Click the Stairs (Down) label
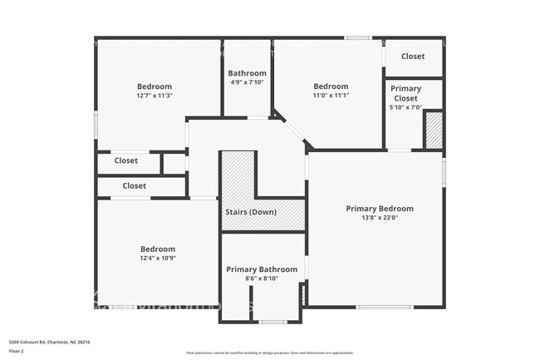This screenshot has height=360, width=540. (x=251, y=212)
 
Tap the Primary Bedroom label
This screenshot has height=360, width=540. (x=379, y=209)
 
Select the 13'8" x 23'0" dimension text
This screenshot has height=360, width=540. (x=379, y=219)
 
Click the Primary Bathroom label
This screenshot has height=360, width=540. (x=262, y=269)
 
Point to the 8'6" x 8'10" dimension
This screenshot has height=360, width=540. (x=262, y=279)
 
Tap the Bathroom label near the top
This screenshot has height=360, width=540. (x=248, y=73)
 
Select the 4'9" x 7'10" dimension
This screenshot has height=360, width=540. (x=248, y=82)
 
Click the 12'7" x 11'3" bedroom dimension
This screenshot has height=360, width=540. (x=155, y=96)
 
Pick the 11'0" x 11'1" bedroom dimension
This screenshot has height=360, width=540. (x=331, y=96)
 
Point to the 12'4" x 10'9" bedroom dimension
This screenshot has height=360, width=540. (x=157, y=259)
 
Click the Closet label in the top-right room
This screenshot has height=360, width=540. (x=413, y=57)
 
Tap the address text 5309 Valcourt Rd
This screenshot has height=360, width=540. (x=49, y=342)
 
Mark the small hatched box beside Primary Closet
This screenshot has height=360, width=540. (x=433, y=131)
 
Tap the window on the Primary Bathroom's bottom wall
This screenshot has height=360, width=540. (x=272, y=322)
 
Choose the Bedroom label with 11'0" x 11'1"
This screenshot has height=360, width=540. (x=331, y=86)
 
